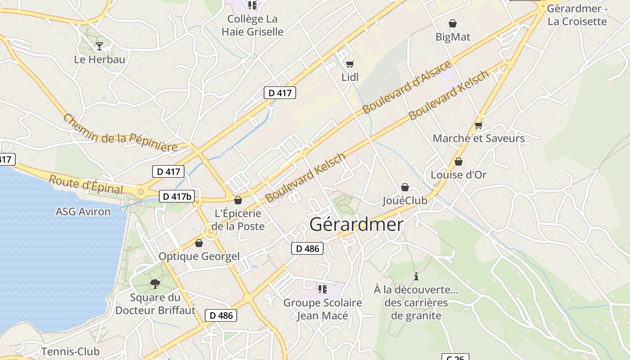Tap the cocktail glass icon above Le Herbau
pos(99,46)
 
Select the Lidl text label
pos(350,77)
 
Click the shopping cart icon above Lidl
pos(350,64)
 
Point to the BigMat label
pos(453,37)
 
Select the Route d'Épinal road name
pos(85,184)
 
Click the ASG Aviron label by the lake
pos(83,211)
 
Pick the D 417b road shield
pos(177,196)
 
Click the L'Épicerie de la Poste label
pos(238,220)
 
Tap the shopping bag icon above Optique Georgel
pos(199,243)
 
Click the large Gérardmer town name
pos(356,224)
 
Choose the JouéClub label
pos(405,201)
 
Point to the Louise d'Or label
pos(459,175)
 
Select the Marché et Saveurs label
pos(478,138)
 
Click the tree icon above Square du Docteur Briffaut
pos(155,283)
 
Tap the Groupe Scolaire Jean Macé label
pos(322,309)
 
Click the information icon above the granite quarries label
pos(416,276)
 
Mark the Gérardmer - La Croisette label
pos(577,15)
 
